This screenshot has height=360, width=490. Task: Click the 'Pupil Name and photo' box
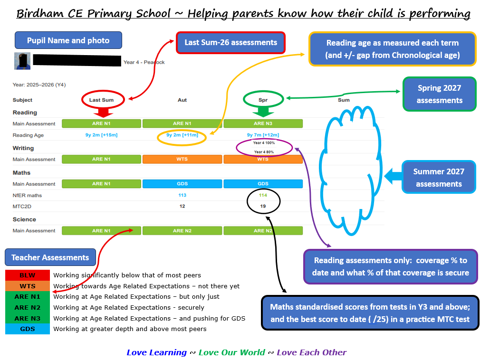click(68, 40)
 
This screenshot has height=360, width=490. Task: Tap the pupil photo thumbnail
click(22, 61)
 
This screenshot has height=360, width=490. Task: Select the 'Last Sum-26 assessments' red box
click(231, 42)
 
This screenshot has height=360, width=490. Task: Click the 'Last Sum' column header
click(101, 100)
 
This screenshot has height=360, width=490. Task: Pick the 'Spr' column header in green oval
click(263, 100)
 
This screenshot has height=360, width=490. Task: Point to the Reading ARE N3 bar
click(263, 123)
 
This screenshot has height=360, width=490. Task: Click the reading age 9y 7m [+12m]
click(263, 135)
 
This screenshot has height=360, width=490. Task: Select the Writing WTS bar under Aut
click(182, 159)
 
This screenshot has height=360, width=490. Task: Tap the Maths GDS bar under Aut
click(182, 184)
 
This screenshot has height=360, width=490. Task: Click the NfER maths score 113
click(182, 195)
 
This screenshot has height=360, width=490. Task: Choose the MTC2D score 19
click(263, 206)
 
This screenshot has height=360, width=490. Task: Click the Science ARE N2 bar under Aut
click(182, 230)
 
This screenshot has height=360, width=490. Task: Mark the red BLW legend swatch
click(28, 275)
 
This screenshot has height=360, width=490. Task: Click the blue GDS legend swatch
click(28, 329)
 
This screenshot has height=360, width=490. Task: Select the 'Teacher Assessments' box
click(50, 257)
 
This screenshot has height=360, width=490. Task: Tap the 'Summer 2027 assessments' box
click(439, 177)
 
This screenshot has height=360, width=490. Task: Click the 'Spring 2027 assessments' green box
click(439, 94)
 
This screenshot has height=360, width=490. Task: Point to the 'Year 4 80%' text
click(264, 152)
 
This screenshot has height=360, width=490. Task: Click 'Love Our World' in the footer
click(232, 352)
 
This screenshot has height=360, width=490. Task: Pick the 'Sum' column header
click(344, 100)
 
